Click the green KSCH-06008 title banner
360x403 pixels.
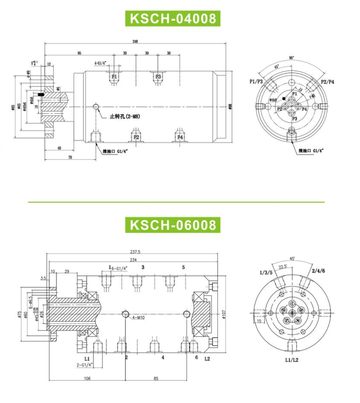(x=172, y=224)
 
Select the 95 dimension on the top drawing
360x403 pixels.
(x=79, y=53)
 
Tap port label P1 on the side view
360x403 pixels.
(x=114, y=77)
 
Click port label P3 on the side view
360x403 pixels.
(x=158, y=77)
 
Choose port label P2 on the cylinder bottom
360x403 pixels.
(x=136, y=137)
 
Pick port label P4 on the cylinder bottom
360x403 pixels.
(x=180, y=137)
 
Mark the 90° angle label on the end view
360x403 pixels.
(x=291, y=58)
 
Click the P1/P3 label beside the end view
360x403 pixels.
(x=257, y=81)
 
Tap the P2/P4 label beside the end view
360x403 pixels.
(x=328, y=81)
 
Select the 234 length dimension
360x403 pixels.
(x=134, y=259)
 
